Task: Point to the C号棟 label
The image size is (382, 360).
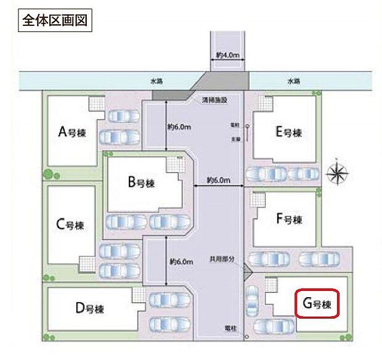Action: [70, 225]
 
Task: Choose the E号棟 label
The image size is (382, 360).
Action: [288, 131]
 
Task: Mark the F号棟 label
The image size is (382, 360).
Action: [288, 219]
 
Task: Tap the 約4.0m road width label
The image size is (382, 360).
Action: [228, 55]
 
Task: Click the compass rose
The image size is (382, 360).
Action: [337, 173]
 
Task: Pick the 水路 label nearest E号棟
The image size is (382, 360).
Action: [293, 80]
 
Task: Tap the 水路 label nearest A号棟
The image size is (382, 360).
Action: [156, 80]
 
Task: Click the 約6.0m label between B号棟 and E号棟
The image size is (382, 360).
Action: [218, 181]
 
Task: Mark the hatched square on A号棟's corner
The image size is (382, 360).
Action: [96, 104]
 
